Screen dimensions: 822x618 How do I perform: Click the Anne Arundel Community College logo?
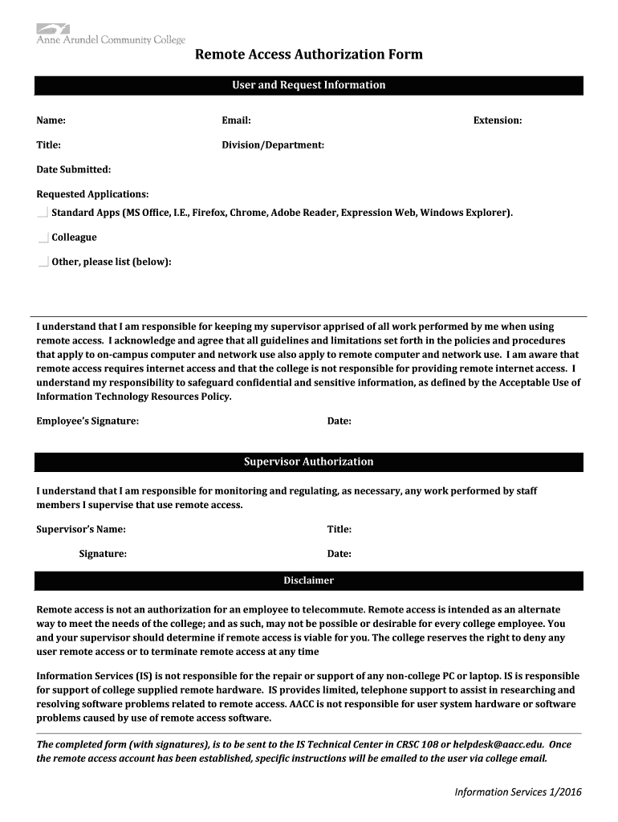tap(110, 35)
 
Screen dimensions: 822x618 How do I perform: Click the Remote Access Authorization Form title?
tap(309, 55)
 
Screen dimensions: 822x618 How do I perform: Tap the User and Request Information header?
tap(309, 85)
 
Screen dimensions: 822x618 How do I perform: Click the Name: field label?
tap(51, 120)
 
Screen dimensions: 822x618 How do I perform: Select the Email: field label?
tap(237, 120)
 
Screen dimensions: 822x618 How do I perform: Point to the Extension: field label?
tap(498, 120)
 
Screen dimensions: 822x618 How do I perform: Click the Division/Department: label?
tap(273, 145)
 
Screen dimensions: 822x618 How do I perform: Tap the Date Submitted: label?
tap(74, 169)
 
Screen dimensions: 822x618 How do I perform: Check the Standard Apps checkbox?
tap(43, 214)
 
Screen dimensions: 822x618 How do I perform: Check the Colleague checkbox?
tap(43, 238)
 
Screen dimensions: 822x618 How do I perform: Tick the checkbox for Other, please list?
tap(43, 262)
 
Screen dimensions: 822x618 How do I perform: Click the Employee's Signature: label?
tap(87, 421)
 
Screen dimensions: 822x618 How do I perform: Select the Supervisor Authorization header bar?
tap(309, 462)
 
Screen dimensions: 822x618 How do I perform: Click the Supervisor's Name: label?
tap(81, 530)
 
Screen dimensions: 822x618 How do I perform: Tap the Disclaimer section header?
tap(309, 580)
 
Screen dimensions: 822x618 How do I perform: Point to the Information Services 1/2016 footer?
tap(518, 792)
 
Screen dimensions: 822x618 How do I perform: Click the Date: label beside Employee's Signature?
tap(339, 421)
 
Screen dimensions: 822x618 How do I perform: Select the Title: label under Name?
tap(48, 145)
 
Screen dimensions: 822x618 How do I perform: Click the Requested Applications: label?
tap(92, 194)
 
